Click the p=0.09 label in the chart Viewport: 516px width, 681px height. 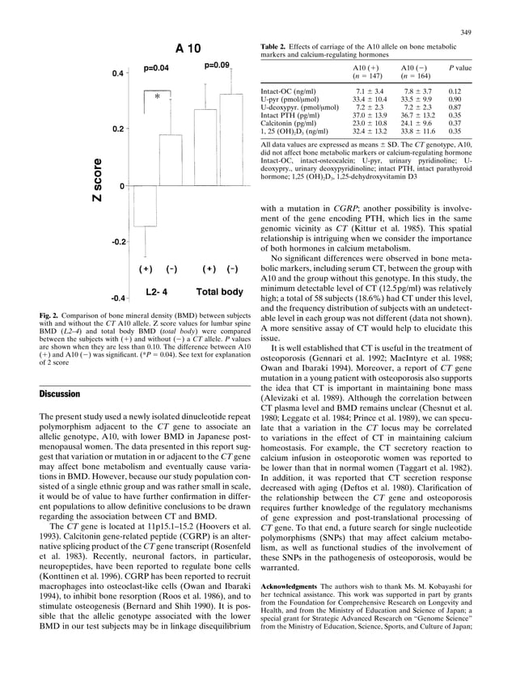click(218, 65)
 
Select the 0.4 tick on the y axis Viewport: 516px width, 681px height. click(117, 74)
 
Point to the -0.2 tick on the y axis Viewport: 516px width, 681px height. click(118, 242)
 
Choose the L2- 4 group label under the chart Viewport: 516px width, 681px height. click(157, 291)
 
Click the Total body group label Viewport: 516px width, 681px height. click(219, 291)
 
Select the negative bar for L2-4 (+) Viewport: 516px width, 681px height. click(146, 205)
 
